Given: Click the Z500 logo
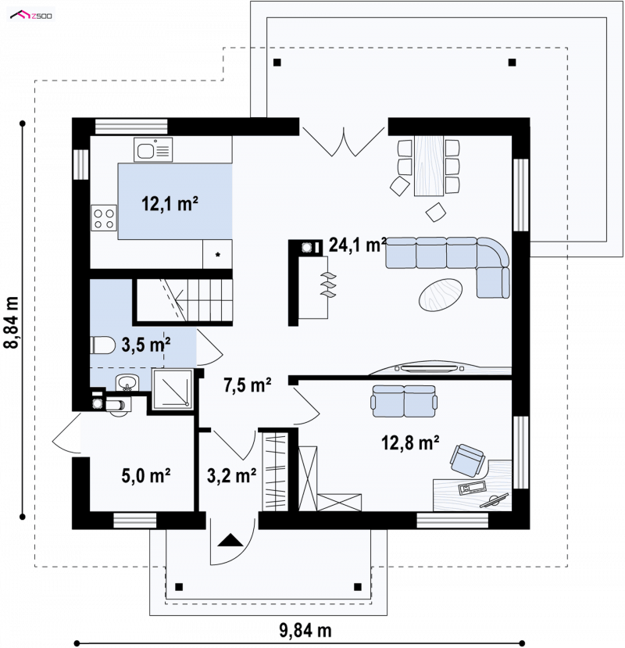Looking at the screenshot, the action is tap(31, 16).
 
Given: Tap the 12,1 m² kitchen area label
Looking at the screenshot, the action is tap(170, 204).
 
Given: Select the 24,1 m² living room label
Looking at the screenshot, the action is tap(358, 245).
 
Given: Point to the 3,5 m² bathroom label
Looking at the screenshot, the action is tap(146, 344).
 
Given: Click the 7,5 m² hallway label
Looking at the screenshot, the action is tap(248, 385).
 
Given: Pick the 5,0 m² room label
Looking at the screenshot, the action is tap(146, 476).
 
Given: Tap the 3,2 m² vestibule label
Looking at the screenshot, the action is tap(231, 476).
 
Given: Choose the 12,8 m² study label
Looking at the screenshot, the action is tap(410, 442).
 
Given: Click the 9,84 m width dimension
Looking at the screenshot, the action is tap(305, 631).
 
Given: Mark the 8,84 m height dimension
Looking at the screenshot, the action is tap(12, 322).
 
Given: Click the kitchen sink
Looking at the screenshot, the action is tap(153, 150).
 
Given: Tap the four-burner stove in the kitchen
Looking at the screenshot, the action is tap(104, 218).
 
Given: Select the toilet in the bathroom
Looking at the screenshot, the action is tap(102, 345).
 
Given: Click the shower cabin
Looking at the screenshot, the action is tap(173, 389).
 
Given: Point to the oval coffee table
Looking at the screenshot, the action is tap(441, 295).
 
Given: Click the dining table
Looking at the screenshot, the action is tap(429, 166).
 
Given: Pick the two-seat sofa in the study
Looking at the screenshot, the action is tap(404, 401).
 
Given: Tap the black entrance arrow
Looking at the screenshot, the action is tap(230, 540).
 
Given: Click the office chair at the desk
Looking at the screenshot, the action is tap(466, 460).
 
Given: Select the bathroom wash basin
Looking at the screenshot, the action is tap(127, 382).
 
